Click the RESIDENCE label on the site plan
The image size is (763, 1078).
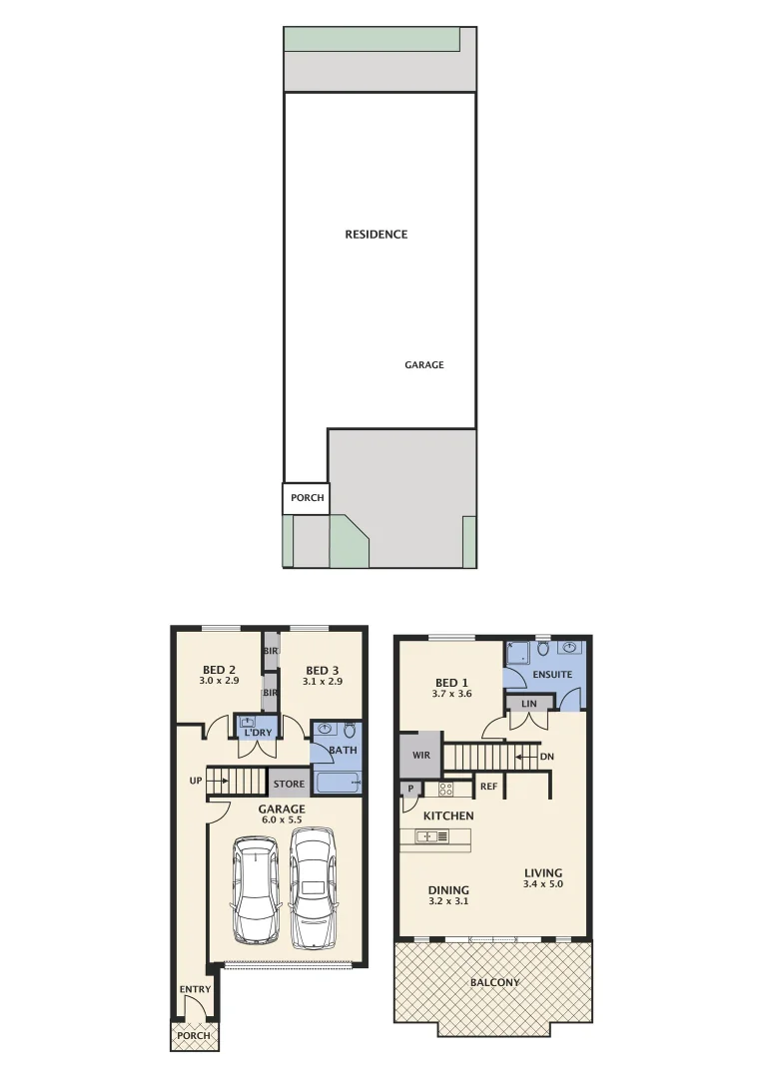point(377,235)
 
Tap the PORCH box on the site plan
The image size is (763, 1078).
point(306,497)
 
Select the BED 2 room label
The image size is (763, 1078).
point(219,670)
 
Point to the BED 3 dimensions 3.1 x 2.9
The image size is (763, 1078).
point(323,682)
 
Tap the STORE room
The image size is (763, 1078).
point(289,784)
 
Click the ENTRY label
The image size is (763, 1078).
point(195,989)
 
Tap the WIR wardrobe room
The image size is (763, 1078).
point(420,756)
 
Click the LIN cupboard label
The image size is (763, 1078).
point(529,704)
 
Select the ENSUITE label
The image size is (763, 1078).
point(552,674)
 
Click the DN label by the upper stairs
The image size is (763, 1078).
point(546,757)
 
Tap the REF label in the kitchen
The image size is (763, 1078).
point(488,788)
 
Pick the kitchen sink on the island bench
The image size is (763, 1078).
point(424,836)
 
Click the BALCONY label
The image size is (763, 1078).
point(494,982)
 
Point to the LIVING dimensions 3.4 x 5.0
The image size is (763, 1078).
point(543,884)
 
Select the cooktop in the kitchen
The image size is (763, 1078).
point(446,789)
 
